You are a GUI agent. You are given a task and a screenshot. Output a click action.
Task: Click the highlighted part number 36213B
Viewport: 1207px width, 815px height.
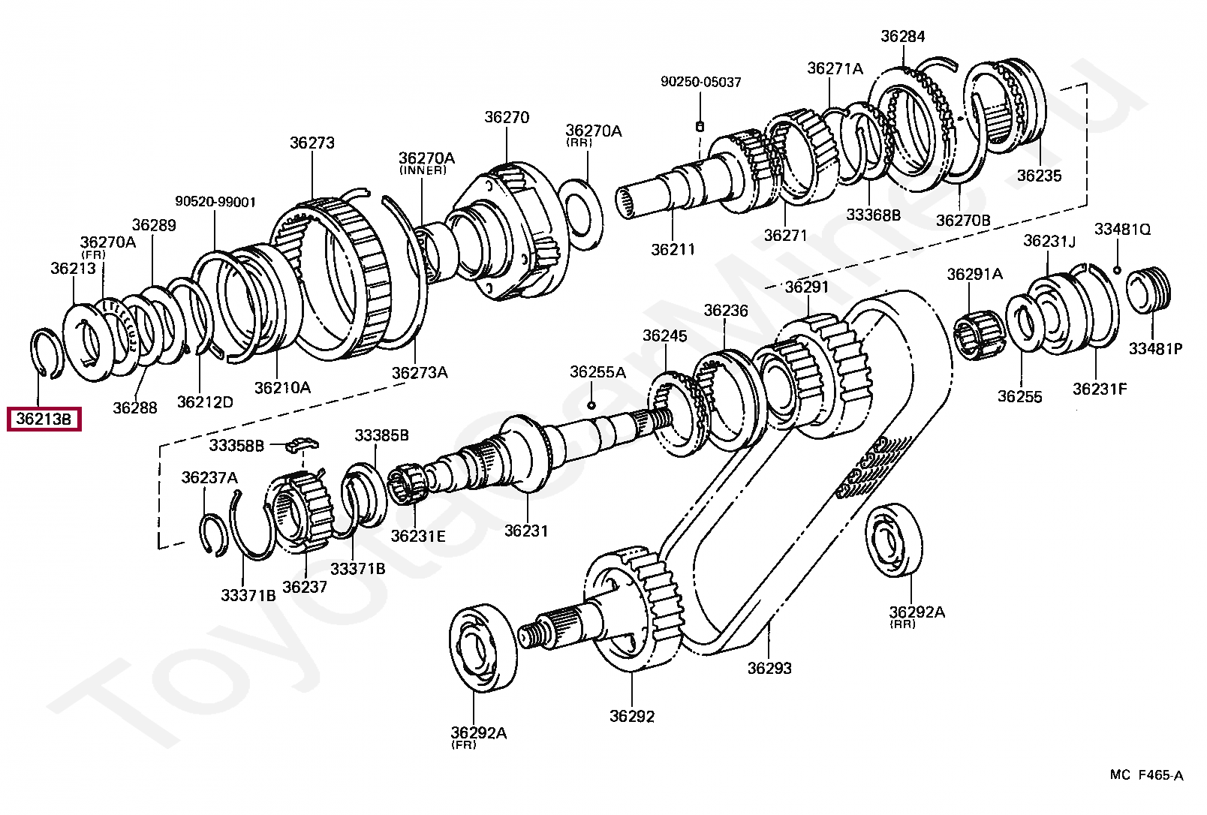click(x=44, y=419)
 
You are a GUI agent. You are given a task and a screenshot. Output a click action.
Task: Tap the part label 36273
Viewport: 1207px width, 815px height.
click(x=312, y=143)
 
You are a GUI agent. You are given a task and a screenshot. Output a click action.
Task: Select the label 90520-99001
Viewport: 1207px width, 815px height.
click(x=215, y=201)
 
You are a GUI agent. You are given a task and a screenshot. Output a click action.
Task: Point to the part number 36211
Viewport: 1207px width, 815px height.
click(x=673, y=249)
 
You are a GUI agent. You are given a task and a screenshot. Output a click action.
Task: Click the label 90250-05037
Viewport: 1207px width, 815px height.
click(x=701, y=82)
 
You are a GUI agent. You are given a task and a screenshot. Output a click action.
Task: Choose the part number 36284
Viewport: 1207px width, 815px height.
click(x=903, y=36)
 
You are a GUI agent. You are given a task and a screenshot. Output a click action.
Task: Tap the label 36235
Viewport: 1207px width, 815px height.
click(x=1040, y=175)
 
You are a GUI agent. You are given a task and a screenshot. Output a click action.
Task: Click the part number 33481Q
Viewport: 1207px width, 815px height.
click(x=1122, y=229)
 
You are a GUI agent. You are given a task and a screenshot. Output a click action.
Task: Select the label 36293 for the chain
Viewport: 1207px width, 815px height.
click(x=769, y=668)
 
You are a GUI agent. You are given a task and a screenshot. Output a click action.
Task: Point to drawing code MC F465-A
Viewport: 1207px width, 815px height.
click(x=1147, y=775)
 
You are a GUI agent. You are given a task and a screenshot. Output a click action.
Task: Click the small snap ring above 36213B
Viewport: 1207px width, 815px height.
click(x=47, y=353)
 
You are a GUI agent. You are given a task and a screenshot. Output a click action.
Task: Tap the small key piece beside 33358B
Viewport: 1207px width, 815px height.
click(x=303, y=444)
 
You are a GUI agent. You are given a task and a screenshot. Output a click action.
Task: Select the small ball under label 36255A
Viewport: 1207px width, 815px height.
click(x=591, y=404)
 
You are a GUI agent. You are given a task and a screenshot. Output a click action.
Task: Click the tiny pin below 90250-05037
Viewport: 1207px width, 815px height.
click(x=700, y=127)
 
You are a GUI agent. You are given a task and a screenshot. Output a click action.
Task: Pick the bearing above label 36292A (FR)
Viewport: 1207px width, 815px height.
click(x=483, y=648)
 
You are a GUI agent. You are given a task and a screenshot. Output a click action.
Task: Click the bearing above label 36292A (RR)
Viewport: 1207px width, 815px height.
click(x=895, y=540)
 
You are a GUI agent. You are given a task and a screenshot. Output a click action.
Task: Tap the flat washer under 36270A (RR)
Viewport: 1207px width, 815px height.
click(x=580, y=215)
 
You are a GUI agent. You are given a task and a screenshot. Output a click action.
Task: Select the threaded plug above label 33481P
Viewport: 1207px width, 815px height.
click(x=1148, y=290)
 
